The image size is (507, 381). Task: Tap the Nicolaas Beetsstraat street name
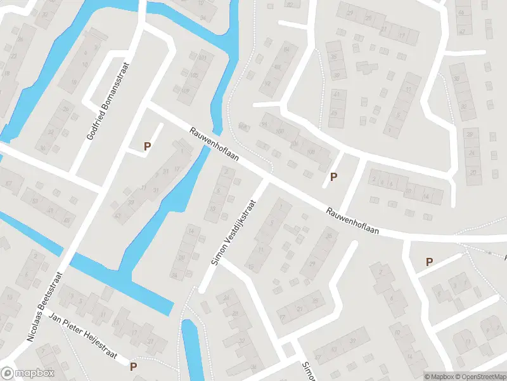click(x=45, y=307)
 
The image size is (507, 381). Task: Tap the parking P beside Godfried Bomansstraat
click(x=147, y=146)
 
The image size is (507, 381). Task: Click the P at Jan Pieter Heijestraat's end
click(x=133, y=366)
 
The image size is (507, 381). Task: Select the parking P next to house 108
click(x=333, y=177)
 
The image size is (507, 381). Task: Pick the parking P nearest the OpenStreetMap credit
click(x=429, y=262)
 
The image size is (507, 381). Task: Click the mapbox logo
click(x=28, y=373)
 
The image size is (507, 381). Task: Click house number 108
click(x=310, y=151)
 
